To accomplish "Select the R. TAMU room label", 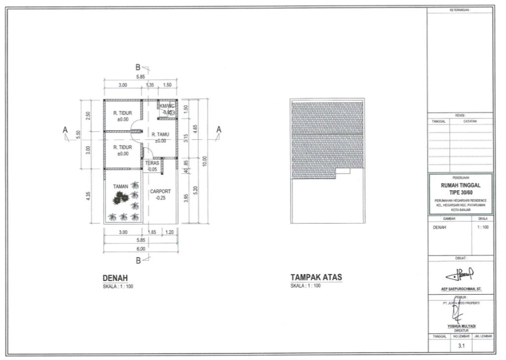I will coord(160,134).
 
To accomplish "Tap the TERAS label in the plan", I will coord(152,163).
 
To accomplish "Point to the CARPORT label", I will coord(160,191).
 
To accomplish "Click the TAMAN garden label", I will coord(121,187).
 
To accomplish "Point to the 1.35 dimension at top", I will coord(150,85).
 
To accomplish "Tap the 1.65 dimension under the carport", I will coord(152,232).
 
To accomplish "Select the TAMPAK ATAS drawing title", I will coord(316,278).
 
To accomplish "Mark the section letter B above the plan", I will coord(138,67).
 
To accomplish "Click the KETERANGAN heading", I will coord(460,10).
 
